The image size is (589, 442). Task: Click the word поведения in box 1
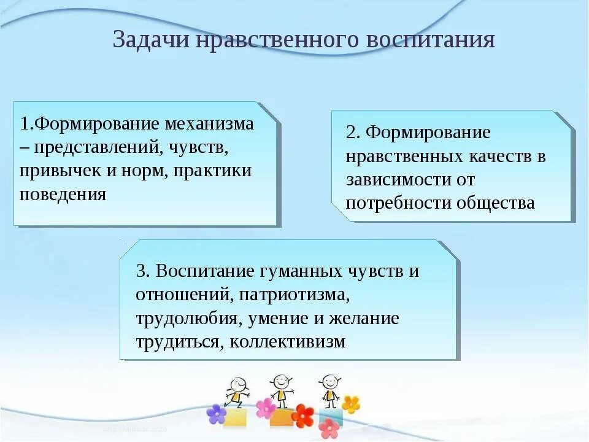[x=63, y=195]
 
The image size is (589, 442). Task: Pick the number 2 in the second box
[x=350, y=133]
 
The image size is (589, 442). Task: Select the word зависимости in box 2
[x=393, y=180]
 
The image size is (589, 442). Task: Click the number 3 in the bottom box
[x=141, y=271]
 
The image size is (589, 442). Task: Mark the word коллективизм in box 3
[x=288, y=342]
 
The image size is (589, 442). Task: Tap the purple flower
[x=217, y=414]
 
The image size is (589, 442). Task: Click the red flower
[x=303, y=416]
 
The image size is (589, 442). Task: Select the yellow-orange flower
[x=351, y=405]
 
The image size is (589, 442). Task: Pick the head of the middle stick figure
[x=280, y=381]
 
